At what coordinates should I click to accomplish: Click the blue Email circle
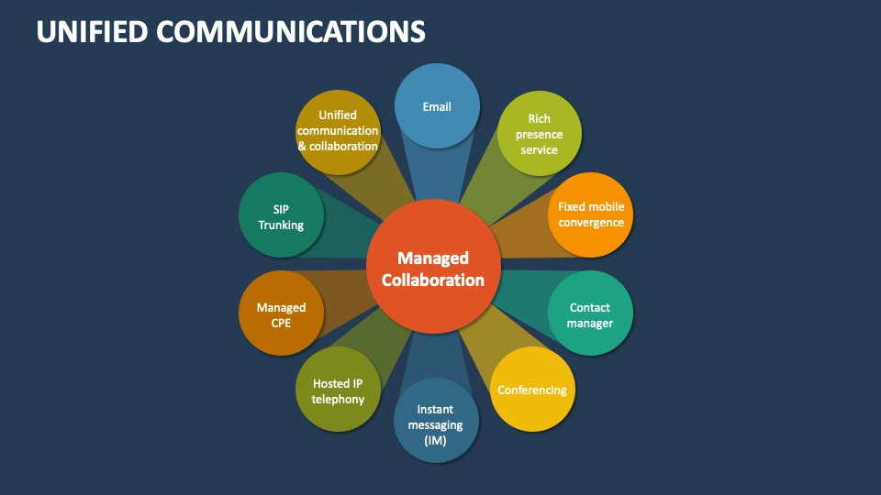pyautogui.click(x=437, y=106)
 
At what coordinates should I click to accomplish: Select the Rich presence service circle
pyautogui.click(x=539, y=134)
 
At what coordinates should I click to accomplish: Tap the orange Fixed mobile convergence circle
pyautogui.click(x=591, y=214)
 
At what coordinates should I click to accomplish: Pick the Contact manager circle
pyautogui.click(x=589, y=314)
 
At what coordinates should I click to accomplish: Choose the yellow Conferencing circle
pyautogui.click(x=532, y=390)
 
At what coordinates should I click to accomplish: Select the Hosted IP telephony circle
pyautogui.click(x=338, y=391)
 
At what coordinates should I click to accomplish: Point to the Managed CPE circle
pyautogui.click(x=281, y=314)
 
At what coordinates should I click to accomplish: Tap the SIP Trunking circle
pyautogui.click(x=281, y=215)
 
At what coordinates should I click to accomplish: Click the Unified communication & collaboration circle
pyautogui.click(x=338, y=131)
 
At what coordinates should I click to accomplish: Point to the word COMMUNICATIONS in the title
pyautogui.click(x=291, y=31)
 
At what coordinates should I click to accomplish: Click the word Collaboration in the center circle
pyautogui.click(x=433, y=280)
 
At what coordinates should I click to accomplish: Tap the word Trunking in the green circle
pyautogui.click(x=281, y=225)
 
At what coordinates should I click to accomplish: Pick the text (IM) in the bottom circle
pyautogui.click(x=436, y=440)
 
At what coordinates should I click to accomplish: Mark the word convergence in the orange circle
pyautogui.click(x=591, y=223)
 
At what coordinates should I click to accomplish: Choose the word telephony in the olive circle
pyautogui.click(x=338, y=400)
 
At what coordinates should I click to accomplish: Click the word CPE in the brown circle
pyautogui.click(x=281, y=323)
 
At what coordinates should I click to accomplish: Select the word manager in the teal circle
pyautogui.click(x=589, y=323)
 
